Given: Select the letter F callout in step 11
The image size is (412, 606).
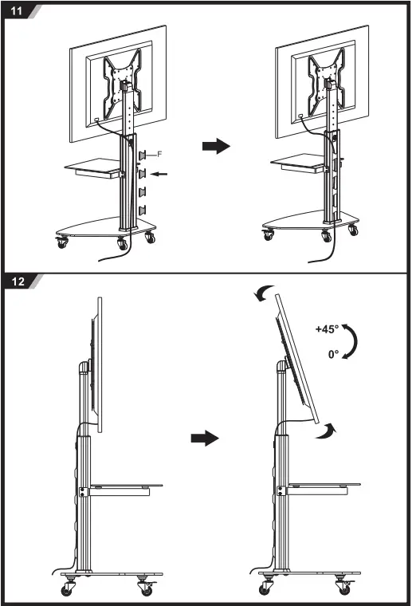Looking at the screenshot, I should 159,153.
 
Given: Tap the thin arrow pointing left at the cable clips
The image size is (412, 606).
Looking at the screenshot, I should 160,172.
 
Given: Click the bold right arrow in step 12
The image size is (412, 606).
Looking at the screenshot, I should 206,438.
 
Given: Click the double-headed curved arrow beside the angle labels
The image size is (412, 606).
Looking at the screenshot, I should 355,341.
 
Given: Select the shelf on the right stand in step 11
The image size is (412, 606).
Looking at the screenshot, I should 297,163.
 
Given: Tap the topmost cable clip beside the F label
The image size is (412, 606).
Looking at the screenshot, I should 143,154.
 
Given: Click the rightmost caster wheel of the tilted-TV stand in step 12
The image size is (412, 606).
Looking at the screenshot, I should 343,588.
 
